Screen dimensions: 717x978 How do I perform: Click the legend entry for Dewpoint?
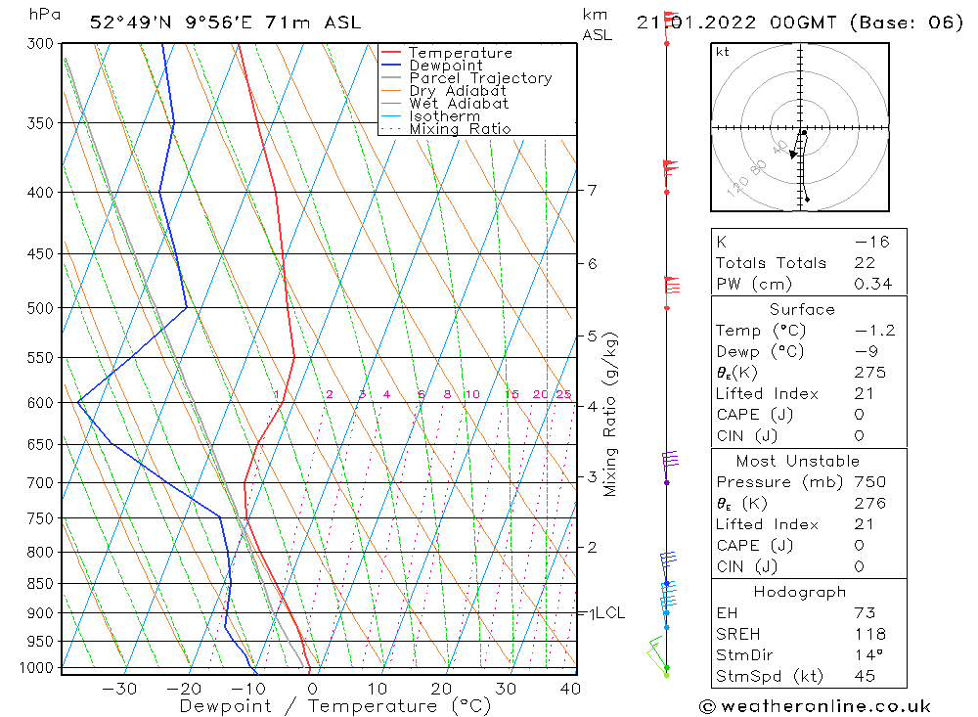point(445,66)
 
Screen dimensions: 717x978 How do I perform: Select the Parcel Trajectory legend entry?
point(480,78)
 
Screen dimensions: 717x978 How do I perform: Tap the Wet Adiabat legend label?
point(459,104)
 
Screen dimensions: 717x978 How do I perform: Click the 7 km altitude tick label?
point(593,190)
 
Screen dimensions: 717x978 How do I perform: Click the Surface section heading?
point(802,310)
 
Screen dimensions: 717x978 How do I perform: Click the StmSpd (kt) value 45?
point(864,676)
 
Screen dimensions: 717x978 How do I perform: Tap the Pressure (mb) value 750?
point(868,482)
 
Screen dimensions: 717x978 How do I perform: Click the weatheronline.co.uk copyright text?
point(816,706)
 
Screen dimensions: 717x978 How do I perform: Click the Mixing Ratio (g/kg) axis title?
point(611,415)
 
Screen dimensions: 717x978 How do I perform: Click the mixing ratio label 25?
point(563,395)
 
